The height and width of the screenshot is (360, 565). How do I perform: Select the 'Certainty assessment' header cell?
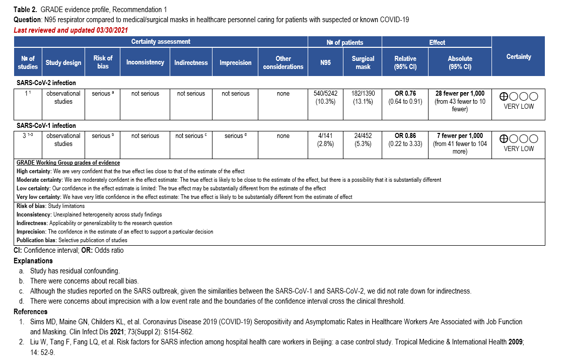click(161, 42)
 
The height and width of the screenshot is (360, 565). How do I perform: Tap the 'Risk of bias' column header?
click(103, 62)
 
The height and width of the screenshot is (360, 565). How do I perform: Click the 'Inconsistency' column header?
click(145, 62)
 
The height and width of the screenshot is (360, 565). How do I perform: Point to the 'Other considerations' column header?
click(283, 62)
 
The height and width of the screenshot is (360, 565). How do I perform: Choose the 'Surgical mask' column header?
click(363, 62)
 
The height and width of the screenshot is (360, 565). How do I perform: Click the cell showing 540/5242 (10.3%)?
click(325, 97)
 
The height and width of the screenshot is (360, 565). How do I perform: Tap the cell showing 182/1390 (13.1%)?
click(363, 97)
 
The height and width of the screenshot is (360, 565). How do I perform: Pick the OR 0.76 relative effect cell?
click(405, 97)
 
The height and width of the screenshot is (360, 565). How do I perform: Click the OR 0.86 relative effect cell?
click(405, 139)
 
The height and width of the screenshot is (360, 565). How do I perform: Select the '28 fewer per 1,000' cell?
click(460, 101)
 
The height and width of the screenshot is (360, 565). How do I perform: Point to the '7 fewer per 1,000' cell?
click(460, 143)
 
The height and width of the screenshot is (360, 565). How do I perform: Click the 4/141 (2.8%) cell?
click(325, 139)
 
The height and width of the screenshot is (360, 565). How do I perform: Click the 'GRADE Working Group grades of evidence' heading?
click(68, 163)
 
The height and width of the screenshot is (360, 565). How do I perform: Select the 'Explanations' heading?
click(33, 261)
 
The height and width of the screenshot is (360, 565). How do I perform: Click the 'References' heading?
click(31, 312)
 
